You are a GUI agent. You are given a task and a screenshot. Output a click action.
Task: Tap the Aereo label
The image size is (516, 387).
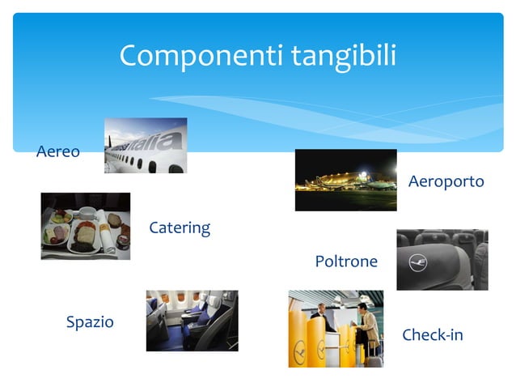coord(58,151)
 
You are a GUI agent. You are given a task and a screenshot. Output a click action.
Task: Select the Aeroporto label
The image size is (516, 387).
coord(446,181)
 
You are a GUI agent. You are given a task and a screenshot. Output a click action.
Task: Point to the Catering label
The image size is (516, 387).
coord(180,228)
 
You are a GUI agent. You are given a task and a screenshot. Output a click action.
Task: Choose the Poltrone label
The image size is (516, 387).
coord(346,262)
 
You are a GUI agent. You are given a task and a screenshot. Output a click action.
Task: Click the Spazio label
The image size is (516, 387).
coord(90,322)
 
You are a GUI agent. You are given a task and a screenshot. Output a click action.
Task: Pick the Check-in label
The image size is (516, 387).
coord(432,335)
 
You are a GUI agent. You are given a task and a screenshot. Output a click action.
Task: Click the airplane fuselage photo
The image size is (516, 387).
coord(146,146)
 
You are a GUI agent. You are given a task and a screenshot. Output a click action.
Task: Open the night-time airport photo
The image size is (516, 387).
coord(345,180)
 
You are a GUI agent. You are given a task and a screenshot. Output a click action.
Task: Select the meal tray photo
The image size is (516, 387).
coord(85,226)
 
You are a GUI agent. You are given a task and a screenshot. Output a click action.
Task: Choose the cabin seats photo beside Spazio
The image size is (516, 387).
coord(192,321)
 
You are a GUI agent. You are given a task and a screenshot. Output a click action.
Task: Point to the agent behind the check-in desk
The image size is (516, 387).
coord(320,316)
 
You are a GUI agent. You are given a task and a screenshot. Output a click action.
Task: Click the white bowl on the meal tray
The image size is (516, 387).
coord(86,213)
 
